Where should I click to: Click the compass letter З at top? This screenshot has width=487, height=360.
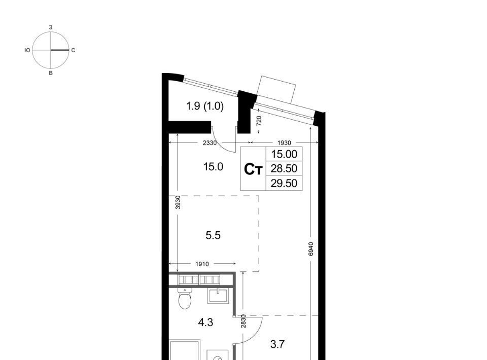(51, 27)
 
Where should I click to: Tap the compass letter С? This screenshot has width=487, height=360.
(73, 50)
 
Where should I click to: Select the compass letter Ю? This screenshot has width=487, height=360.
(27, 50)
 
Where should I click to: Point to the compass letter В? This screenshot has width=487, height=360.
(51, 73)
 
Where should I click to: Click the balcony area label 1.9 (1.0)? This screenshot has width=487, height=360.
(204, 106)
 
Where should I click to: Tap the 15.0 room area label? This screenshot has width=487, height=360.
(213, 167)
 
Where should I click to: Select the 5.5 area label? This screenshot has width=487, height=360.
(213, 236)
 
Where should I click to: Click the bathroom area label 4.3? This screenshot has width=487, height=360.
(205, 322)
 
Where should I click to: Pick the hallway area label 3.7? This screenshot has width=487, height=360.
(277, 344)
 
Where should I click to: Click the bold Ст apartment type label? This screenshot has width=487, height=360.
(254, 169)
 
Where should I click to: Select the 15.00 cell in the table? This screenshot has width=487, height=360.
(284, 154)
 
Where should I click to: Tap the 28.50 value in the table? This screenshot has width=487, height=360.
(284, 168)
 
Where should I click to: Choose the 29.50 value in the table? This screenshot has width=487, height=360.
(284, 183)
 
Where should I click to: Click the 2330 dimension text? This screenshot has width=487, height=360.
(210, 143)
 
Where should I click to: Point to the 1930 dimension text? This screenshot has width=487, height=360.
(284, 143)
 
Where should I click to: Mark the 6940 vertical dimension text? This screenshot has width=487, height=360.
(311, 249)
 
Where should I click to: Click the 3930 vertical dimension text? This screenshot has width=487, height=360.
(178, 202)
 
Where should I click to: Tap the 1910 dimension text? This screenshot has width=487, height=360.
(202, 264)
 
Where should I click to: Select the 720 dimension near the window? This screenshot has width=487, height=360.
(259, 120)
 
